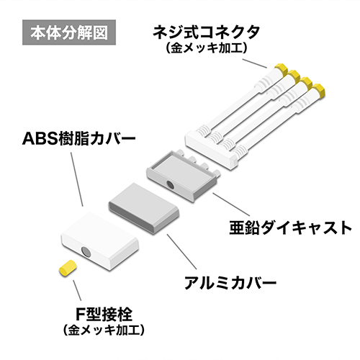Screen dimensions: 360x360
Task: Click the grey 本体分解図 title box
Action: pos(69,32)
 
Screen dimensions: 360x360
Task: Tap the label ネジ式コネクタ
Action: pos(207,32)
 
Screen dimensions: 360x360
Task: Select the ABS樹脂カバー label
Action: pos(79,138)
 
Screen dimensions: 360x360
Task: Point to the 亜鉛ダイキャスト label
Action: pos(290,228)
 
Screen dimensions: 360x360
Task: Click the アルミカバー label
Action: pos(230,283)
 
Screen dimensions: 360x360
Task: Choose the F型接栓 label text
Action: pos(104,315)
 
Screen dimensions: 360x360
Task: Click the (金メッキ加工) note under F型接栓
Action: pos(104,330)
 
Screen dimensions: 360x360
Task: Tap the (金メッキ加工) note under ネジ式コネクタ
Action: pos(207,48)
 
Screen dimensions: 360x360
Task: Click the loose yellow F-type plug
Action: pos(68,268)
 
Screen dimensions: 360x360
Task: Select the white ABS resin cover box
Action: pos(100,241)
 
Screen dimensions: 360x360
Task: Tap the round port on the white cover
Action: pos(86,252)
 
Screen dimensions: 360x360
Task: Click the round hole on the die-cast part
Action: pos(171,185)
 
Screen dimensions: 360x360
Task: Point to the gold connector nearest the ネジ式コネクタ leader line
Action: pos(281,69)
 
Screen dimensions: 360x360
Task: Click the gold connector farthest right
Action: pos(319,90)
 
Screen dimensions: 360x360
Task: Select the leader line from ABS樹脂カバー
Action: pos(77,179)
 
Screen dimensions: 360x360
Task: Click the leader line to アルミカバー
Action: pos(182,251)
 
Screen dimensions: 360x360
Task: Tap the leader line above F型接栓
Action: pos(77,290)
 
